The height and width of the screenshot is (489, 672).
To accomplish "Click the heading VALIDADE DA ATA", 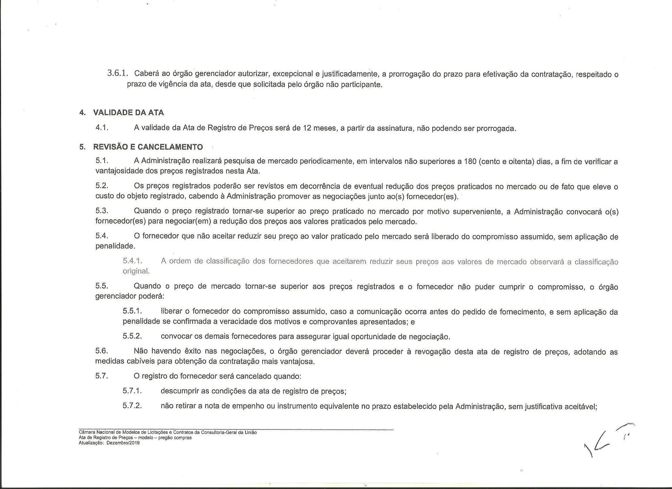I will (128, 113).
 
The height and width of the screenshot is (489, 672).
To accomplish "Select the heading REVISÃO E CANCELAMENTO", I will (148, 147).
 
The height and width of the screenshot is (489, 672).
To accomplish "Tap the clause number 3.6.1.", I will (119, 73).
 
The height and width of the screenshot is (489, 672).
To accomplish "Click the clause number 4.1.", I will (102, 128).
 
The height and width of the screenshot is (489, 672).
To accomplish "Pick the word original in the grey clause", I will (136, 271).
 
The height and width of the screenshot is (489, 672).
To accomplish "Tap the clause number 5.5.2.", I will (133, 336).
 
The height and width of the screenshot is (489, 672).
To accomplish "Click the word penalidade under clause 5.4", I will (115, 246).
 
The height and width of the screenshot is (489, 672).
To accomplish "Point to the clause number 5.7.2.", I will (133, 406).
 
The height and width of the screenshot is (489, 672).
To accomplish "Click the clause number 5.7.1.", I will (133, 391).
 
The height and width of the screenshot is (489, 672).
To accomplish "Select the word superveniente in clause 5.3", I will (477, 211).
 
